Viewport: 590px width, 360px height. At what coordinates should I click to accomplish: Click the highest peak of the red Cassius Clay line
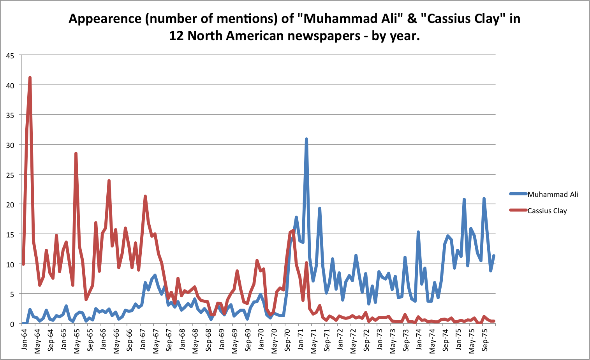coord(30,78)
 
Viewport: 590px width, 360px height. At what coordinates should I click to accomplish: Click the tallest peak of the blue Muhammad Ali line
coord(306,139)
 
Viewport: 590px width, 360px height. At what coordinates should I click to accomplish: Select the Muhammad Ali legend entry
coord(552,194)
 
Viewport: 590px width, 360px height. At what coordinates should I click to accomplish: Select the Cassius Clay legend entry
coord(547,211)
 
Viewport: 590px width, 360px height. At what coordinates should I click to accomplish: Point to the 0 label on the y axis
coord(12,324)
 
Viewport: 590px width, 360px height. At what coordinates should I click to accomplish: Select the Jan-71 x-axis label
coord(301,340)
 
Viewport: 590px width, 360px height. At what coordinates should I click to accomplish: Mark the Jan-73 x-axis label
coord(380,340)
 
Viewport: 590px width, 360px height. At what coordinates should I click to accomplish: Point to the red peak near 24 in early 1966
coord(109,181)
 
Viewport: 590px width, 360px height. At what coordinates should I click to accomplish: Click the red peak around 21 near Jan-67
coord(145,196)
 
